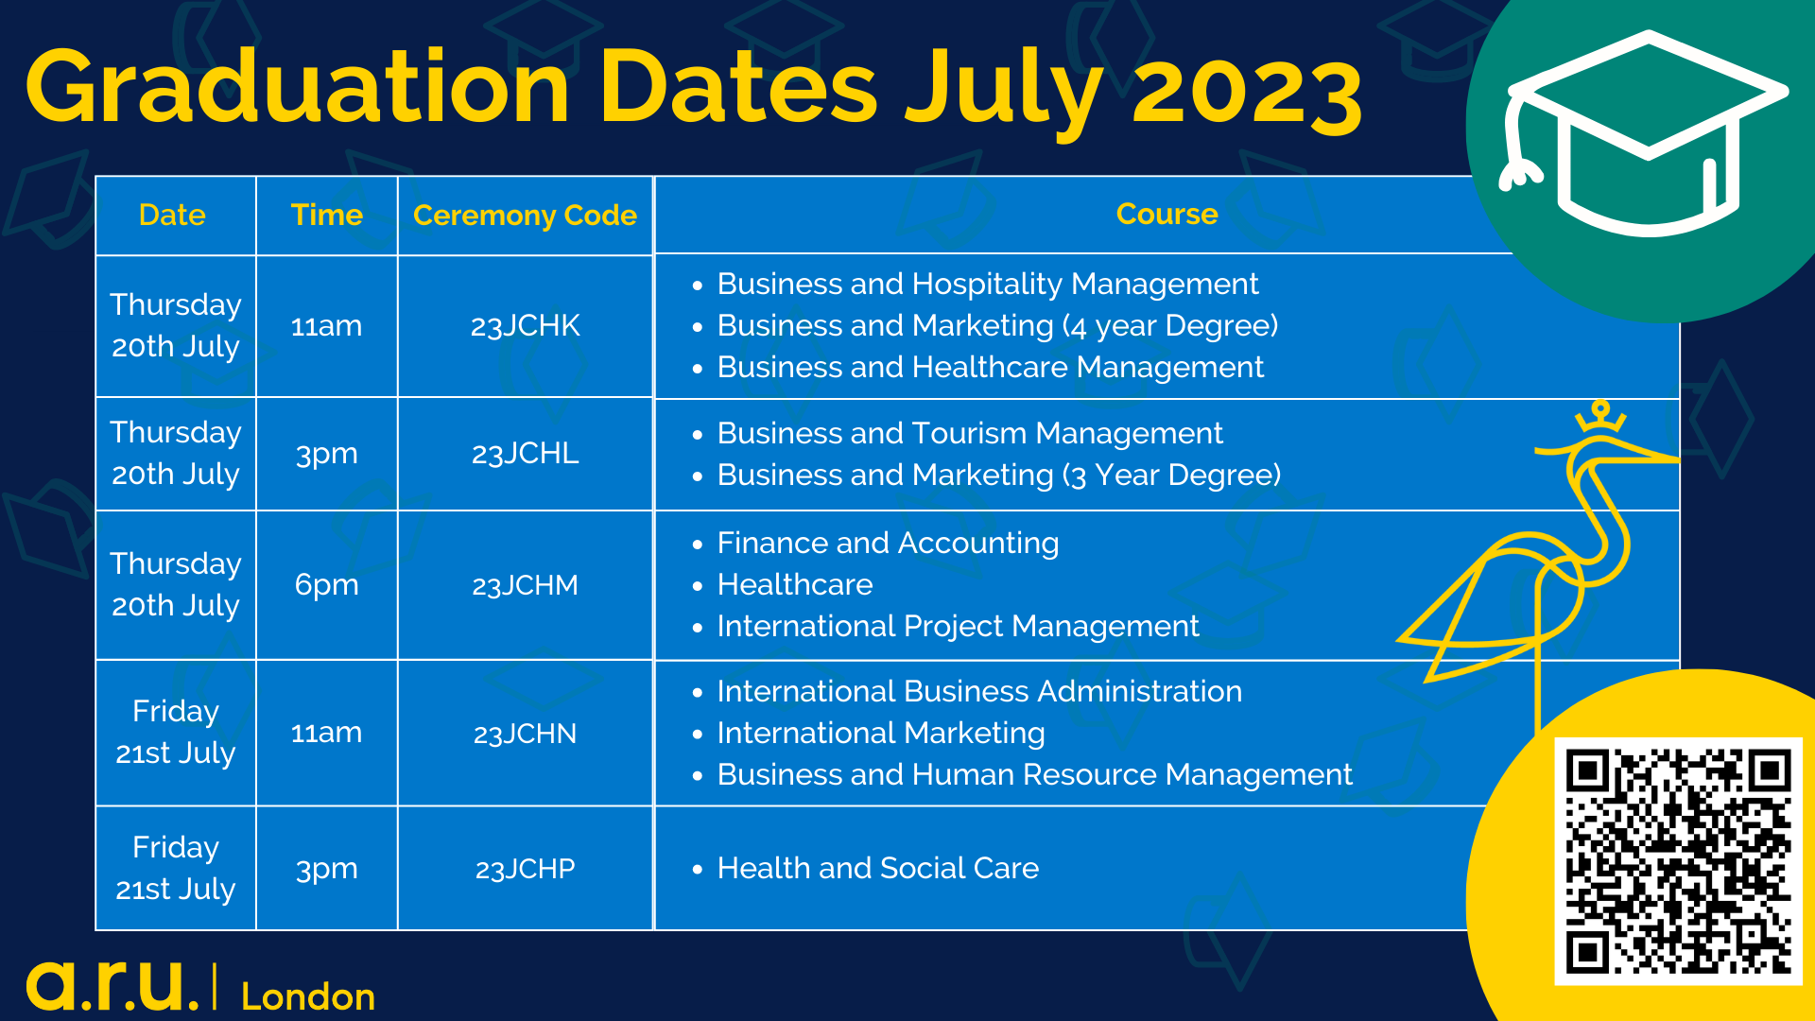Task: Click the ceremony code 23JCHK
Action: point(525,326)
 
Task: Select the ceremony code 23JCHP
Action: point(525,869)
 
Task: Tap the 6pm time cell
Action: point(326,585)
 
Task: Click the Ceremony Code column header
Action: point(525,216)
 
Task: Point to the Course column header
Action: point(1167,215)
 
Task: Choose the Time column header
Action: point(326,216)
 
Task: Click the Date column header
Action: point(172,216)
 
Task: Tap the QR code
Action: point(1679,861)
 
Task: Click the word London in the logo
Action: point(308,997)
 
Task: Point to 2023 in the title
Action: point(1247,92)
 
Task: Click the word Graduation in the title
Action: point(299,87)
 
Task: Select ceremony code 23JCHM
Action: point(525,586)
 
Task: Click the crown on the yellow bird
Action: point(1600,416)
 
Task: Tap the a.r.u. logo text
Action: point(112,986)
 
